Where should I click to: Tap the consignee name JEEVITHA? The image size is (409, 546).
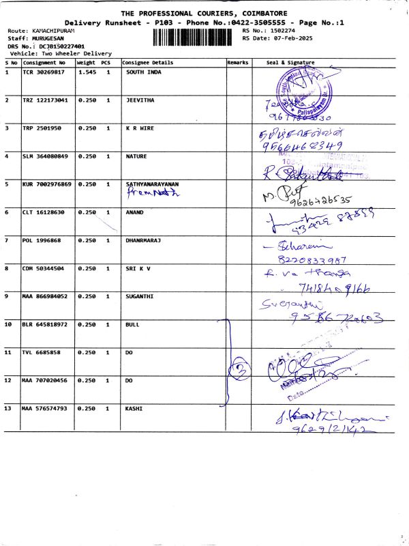click(140, 100)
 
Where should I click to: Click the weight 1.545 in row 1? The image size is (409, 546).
click(86, 72)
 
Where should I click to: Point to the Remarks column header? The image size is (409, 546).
click(237, 62)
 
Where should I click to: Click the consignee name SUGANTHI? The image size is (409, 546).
click(141, 296)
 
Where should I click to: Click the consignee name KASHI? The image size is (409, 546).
click(134, 408)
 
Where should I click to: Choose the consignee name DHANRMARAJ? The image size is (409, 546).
click(145, 240)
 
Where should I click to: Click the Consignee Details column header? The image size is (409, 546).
click(148, 62)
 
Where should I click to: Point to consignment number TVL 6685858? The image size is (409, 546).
click(43, 352)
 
